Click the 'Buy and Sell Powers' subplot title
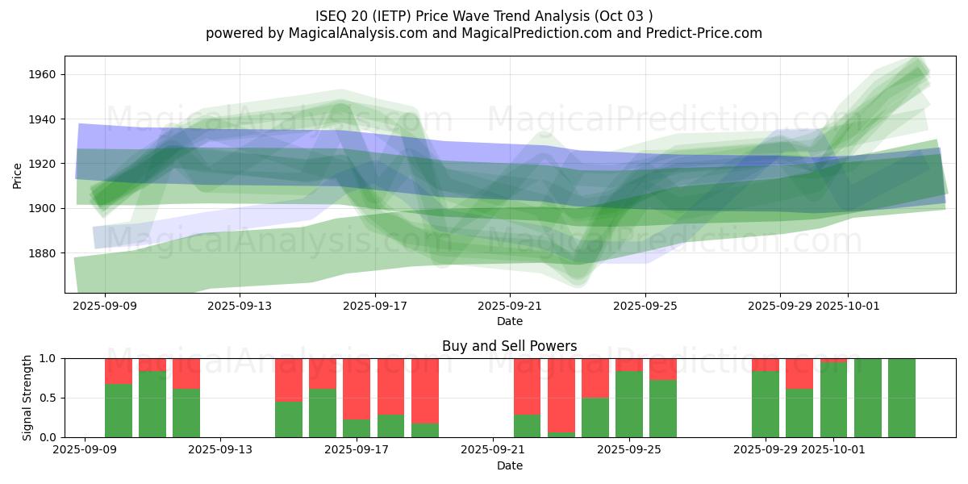[509, 346]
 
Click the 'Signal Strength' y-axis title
[27, 398]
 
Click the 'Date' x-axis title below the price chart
[509, 321]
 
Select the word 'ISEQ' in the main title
[332, 15]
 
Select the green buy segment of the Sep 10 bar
[152, 404]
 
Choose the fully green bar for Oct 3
[902, 398]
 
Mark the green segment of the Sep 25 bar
[629, 404]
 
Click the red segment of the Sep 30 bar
[799, 373]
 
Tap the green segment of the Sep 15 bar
[289, 419]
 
